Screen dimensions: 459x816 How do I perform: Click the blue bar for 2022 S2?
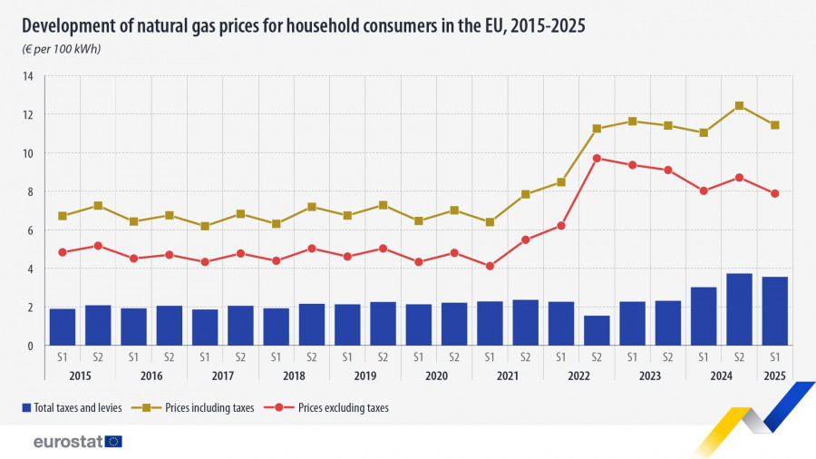597,331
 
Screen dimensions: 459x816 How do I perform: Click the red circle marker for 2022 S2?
597,158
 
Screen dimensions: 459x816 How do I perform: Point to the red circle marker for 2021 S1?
490,266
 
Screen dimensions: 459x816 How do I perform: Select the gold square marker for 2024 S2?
739,105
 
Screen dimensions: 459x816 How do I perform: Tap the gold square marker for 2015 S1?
63,216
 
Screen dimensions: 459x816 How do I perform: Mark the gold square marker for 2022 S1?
561,181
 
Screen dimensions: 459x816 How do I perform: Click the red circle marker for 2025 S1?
775,193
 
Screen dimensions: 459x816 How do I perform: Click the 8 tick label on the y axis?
30,191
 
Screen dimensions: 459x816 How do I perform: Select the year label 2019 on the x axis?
364,375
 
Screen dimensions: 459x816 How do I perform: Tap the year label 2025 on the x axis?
775,375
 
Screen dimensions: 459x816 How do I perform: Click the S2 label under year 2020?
454,356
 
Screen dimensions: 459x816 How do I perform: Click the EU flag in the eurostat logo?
113,442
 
